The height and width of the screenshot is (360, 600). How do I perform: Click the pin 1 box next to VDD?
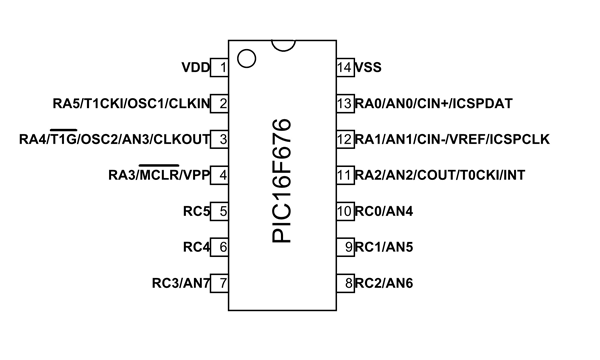[221, 68]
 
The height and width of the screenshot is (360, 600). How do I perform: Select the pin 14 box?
[344, 68]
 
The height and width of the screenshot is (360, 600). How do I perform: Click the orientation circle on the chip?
[246, 58]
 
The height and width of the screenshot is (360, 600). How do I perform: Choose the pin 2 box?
[221, 103]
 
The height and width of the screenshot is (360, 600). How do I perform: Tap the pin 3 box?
[221, 139]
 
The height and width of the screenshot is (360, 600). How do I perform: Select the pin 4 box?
[221, 175]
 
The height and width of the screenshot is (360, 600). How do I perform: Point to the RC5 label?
[196, 211]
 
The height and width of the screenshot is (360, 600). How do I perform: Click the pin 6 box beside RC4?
[221, 246]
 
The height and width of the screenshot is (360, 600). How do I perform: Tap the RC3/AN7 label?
[180, 283]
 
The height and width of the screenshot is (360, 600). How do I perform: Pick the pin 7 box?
[221, 282]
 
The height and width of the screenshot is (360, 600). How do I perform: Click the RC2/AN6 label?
[384, 283]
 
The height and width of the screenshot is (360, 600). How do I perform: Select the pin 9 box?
[344, 246]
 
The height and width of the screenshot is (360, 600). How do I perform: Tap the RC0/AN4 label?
[384, 211]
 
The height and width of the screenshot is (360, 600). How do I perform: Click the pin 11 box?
[344, 175]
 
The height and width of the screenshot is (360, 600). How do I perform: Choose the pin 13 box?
[344, 103]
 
